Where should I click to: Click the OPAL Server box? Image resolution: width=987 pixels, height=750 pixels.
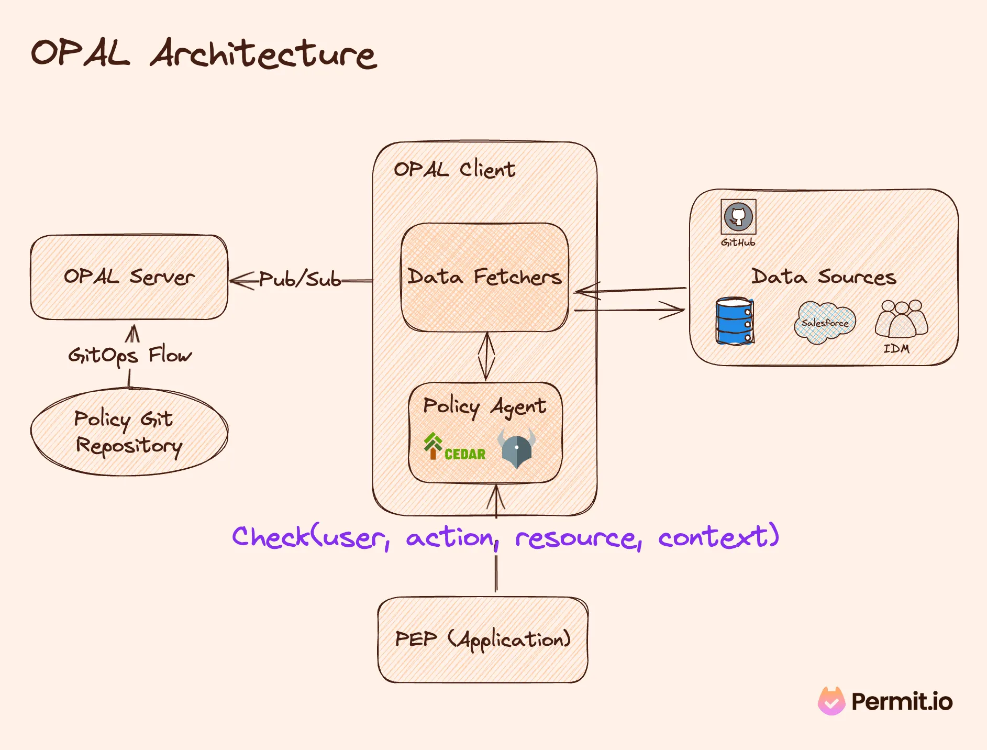click(129, 277)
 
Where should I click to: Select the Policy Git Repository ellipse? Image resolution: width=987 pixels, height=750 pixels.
click(129, 432)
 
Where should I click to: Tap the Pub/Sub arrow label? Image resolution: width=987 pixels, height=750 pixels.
click(300, 279)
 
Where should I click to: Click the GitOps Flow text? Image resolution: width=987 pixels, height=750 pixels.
click(130, 355)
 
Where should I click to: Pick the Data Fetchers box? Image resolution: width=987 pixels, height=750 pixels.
click(484, 277)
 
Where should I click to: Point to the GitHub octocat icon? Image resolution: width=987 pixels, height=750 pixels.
click(738, 216)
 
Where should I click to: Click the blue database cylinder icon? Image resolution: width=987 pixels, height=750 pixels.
click(734, 321)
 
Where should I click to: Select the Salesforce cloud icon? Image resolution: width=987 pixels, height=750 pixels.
click(825, 322)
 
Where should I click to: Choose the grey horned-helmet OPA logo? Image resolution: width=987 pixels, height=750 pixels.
click(516, 448)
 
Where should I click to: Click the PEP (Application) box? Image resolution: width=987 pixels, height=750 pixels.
click(482, 639)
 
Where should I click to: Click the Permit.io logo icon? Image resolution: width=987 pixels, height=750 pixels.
click(831, 701)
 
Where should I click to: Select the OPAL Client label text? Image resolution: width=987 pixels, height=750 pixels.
click(454, 169)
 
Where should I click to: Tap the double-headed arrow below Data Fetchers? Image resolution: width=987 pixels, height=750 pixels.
click(486, 357)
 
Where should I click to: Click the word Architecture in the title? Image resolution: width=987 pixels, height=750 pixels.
click(263, 54)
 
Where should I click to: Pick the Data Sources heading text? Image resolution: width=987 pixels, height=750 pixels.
click(824, 277)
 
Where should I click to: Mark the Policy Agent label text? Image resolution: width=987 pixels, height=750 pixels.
click(484, 406)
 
